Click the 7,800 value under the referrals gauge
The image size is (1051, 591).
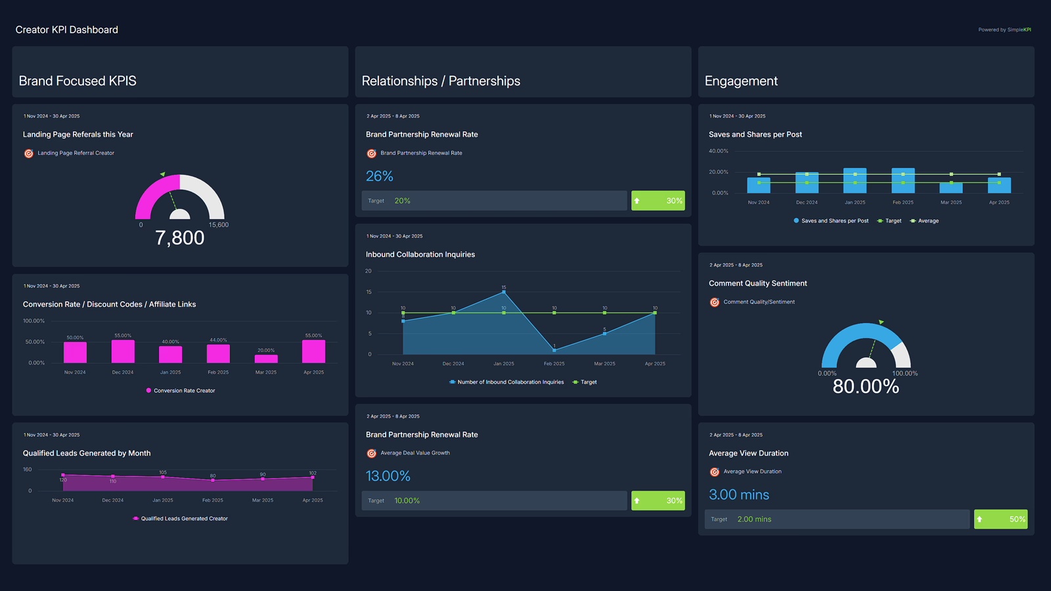179,238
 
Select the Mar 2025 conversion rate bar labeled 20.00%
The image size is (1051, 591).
266,359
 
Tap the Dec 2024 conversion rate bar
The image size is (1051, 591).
123,351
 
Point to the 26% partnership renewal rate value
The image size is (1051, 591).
379,176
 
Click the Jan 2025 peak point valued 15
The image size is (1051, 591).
504,292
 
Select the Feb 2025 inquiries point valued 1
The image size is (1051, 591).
554,350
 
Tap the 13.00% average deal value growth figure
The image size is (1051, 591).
388,476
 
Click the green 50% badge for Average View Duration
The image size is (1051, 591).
1000,519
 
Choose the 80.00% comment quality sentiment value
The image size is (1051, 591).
866,386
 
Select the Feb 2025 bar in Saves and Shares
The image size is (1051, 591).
903,181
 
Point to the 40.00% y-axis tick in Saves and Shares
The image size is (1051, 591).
718,151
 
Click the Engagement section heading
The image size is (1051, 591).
741,81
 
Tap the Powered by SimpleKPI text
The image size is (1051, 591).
1004,30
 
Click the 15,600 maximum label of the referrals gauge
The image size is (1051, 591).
219,225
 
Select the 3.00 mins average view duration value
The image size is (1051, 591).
738,494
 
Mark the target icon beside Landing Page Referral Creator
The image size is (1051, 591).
29,154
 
